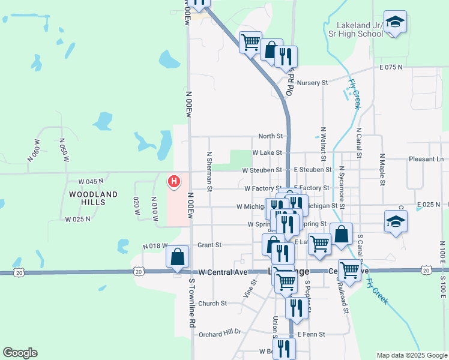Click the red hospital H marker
click(174, 181)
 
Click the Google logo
click(20, 353)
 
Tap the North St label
click(270, 136)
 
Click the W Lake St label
click(267, 154)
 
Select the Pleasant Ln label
click(426, 159)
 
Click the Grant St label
click(210, 245)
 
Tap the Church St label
click(212, 304)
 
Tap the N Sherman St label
click(210, 172)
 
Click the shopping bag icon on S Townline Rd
click(178, 256)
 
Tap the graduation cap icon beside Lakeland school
click(395, 23)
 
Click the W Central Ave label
click(223, 272)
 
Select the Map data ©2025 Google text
click(412, 355)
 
